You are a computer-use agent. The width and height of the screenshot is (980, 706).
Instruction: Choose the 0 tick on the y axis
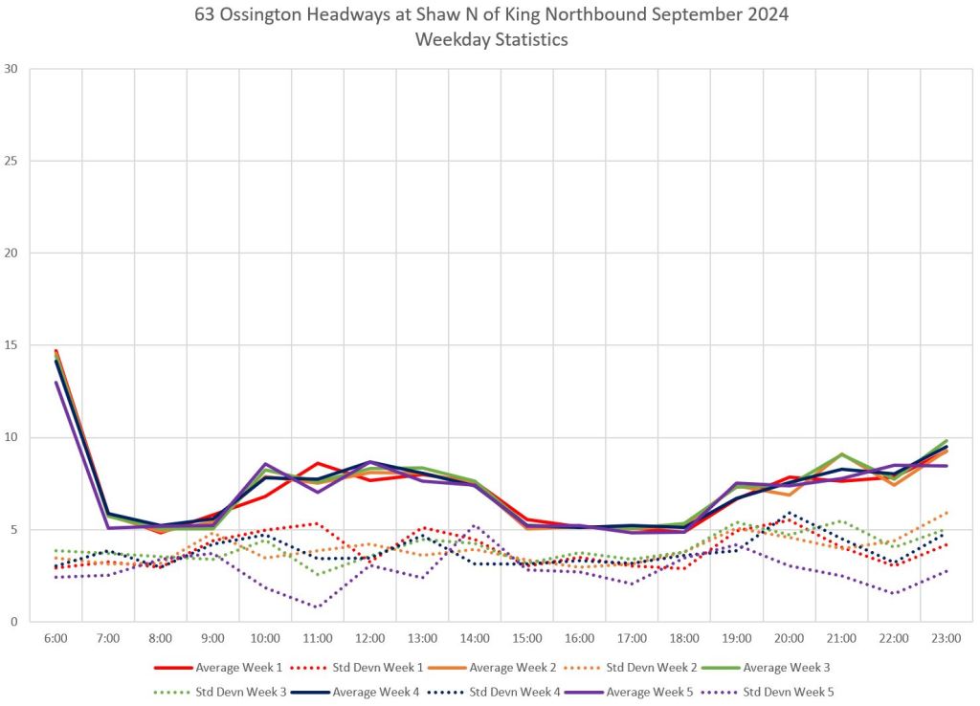[14, 622]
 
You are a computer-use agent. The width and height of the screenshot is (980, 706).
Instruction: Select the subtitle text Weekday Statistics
[489, 39]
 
